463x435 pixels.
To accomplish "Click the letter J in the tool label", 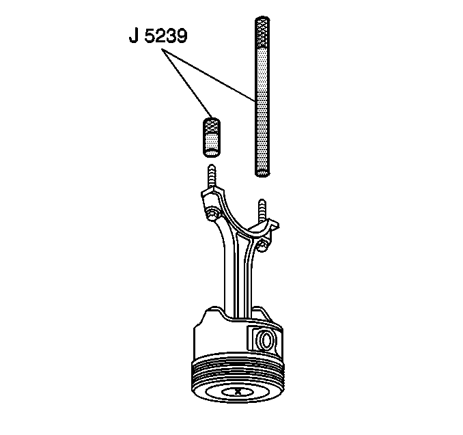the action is [134, 36].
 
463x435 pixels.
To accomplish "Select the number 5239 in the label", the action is [166, 36].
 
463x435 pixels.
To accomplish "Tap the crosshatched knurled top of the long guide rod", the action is [262, 33].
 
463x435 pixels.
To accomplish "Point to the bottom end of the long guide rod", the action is [262, 173].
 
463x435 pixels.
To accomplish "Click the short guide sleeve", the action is [212, 137].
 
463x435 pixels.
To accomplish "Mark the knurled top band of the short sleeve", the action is [212, 125].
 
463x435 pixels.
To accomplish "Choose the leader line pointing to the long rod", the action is [208, 76].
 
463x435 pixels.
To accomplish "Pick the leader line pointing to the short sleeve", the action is [187, 84].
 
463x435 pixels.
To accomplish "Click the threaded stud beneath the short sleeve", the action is [212, 176].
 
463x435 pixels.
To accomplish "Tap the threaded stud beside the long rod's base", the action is [262, 210].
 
